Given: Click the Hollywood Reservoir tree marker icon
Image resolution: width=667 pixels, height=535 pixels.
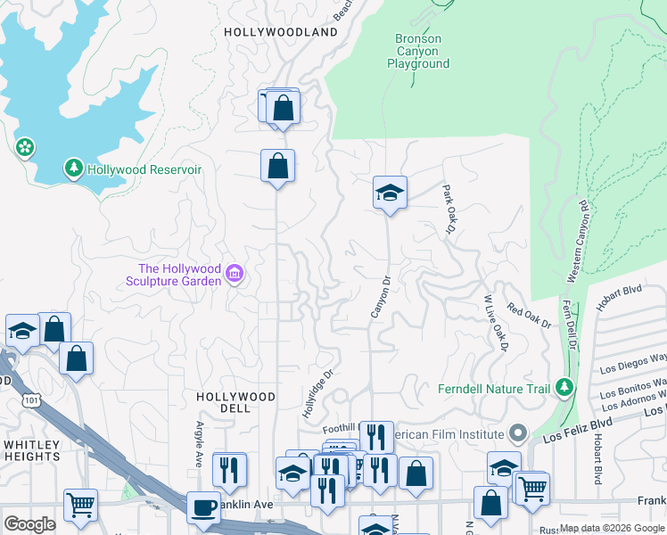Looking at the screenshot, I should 74,168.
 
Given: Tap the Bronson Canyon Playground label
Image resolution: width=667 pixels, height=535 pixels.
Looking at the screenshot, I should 418,52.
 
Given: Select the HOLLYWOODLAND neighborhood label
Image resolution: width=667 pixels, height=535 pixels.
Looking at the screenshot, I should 281,32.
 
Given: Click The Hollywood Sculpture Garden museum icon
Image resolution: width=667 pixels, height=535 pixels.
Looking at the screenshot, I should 235,273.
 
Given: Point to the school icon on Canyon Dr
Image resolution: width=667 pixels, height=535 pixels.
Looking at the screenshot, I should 390,192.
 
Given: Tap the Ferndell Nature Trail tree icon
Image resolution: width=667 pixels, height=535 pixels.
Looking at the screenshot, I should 564,388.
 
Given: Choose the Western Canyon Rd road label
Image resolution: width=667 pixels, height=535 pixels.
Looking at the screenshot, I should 577,241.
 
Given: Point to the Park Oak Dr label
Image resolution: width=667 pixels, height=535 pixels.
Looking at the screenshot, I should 449,210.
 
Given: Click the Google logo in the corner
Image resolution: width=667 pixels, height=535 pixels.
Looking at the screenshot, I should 29,524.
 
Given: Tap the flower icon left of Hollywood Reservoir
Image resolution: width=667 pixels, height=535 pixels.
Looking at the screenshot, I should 25,146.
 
